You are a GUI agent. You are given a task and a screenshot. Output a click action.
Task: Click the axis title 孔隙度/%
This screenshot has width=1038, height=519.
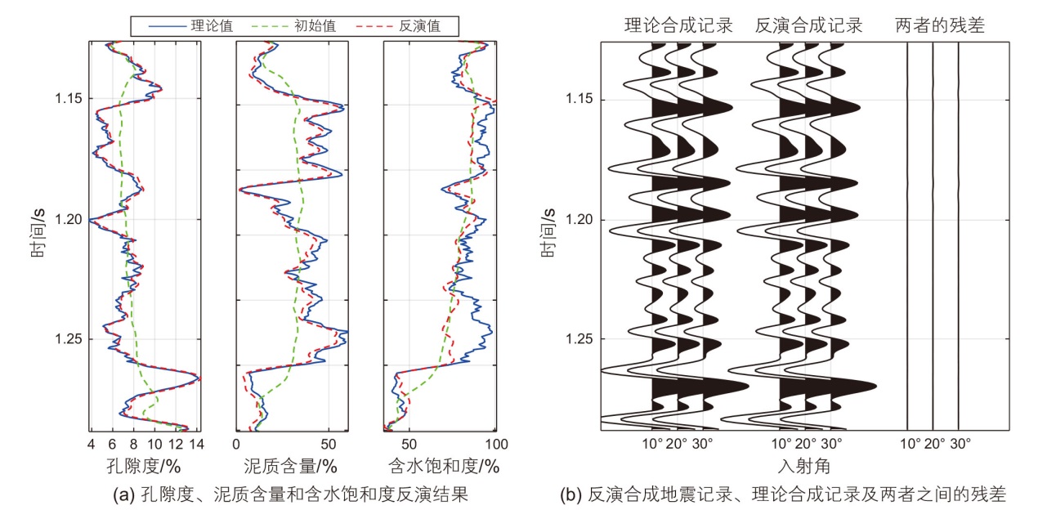(143, 467)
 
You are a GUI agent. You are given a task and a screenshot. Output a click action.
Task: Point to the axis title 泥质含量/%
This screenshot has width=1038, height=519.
(291, 467)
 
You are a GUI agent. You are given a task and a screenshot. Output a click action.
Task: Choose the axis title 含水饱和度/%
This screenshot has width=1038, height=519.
(442, 467)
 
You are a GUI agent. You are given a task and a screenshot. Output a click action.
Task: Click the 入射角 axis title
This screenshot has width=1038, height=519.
(805, 467)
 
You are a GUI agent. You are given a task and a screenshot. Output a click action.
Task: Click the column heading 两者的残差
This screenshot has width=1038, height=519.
(940, 26)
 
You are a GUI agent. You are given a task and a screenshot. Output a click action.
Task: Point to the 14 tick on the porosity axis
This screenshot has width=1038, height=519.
(196, 445)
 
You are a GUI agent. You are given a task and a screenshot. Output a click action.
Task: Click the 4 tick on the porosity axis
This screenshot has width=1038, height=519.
(91, 445)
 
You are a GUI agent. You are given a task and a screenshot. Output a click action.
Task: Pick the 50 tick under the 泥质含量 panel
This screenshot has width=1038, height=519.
(328, 445)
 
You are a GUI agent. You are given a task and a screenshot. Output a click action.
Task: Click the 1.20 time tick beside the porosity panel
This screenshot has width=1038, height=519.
(67, 219)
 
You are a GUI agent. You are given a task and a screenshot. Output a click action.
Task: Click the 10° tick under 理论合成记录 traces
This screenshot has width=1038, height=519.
(652, 445)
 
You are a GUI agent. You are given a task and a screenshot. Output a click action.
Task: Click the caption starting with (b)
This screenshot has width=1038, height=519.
(783, 494)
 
